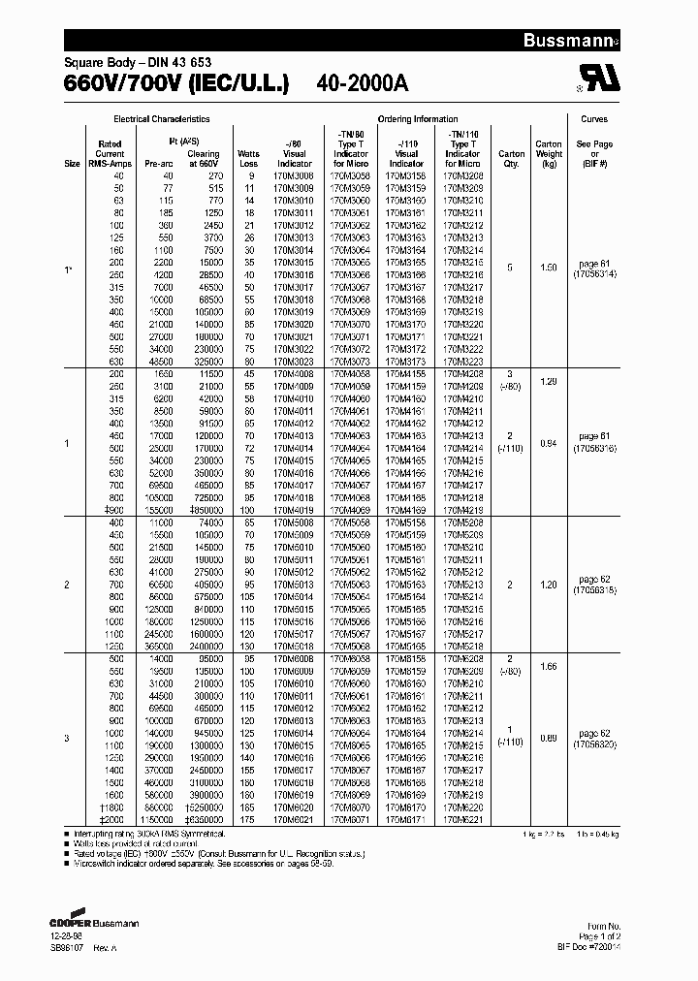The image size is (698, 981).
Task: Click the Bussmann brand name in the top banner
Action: [x=650, y=41]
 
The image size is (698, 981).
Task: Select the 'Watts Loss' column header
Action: [x=249, y=158]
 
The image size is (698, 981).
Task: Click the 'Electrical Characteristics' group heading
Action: [x=162, y=119]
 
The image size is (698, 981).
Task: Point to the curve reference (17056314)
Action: [x=594, y=274]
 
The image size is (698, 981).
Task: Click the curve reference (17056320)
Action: [x=594, y=744]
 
